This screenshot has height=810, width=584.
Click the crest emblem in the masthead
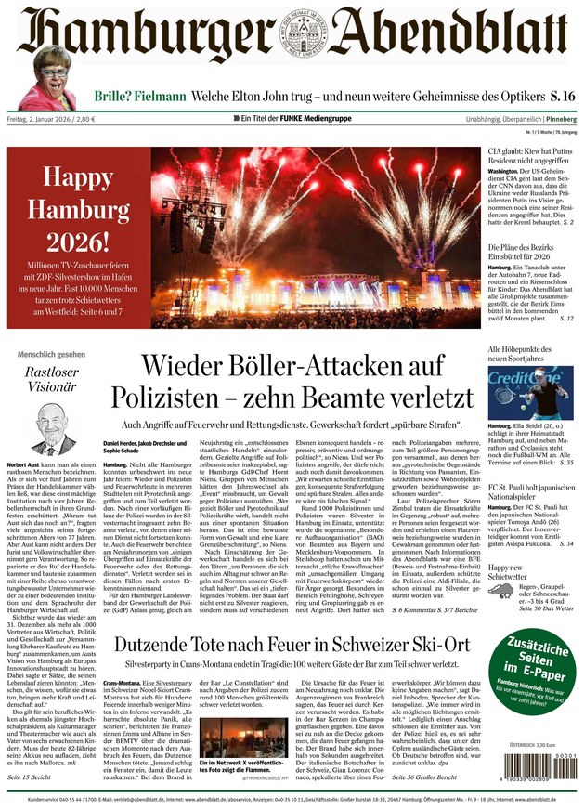[292, 36]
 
